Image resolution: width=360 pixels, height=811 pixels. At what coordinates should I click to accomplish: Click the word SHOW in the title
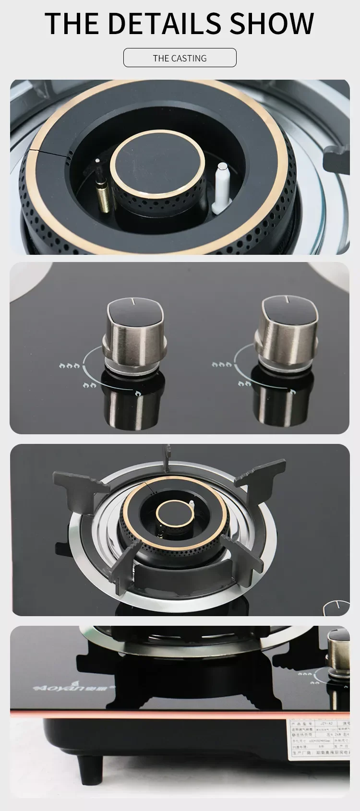272,23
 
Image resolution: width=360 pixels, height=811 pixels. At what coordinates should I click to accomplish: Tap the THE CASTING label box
180,58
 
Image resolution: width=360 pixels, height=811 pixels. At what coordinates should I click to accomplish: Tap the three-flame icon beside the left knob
70,366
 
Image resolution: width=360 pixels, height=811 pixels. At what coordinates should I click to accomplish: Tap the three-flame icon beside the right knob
221,365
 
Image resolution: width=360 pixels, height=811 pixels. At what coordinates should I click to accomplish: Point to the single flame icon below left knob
138,393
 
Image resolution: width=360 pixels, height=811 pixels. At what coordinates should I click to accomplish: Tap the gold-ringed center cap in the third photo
170,513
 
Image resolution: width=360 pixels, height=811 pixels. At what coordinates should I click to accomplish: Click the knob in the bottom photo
339,650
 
